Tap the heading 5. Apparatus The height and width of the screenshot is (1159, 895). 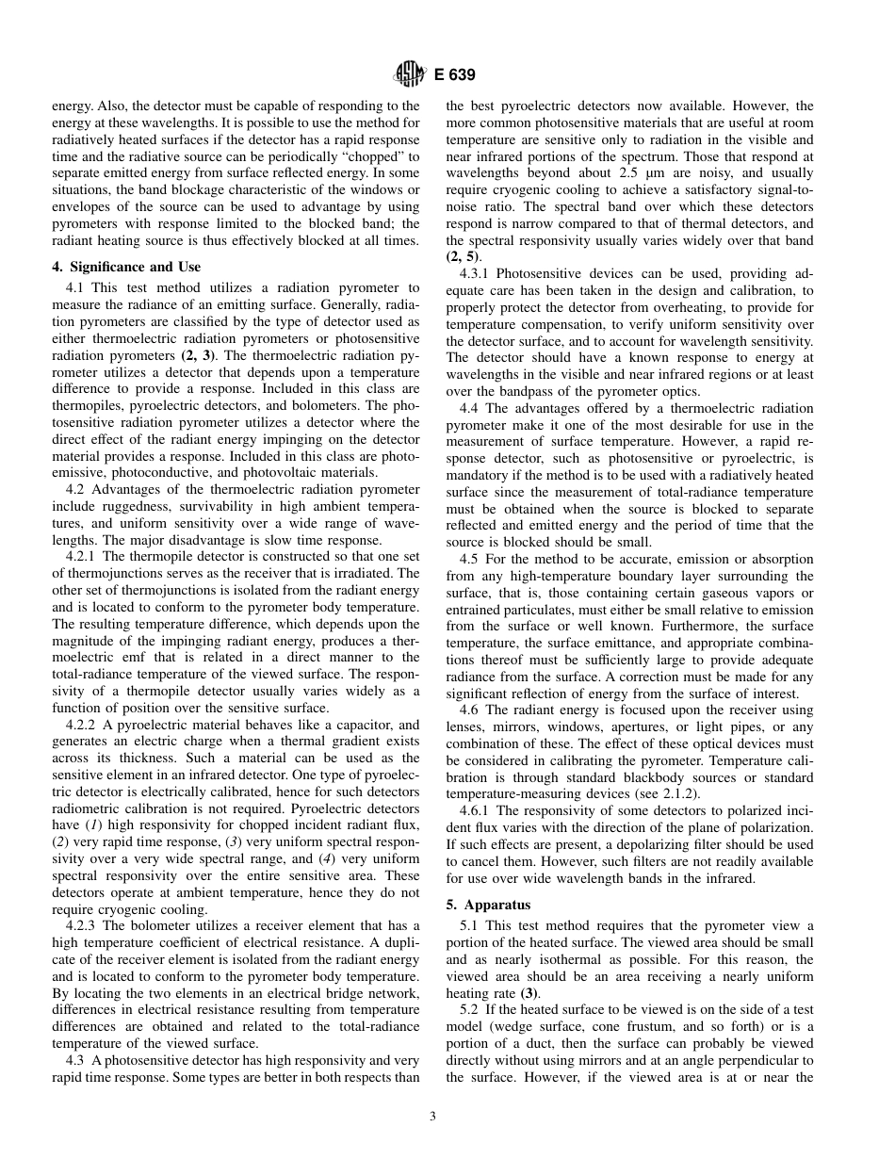coord(488,905)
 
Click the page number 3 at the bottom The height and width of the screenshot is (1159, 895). coord(431,1117)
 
